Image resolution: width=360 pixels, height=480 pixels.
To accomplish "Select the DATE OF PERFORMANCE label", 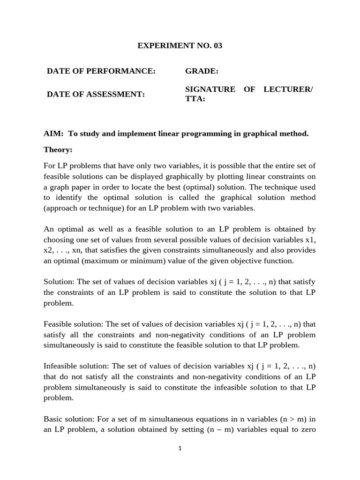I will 101,71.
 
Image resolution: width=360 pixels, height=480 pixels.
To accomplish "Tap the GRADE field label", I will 201,71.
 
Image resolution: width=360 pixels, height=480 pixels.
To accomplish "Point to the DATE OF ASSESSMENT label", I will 96,94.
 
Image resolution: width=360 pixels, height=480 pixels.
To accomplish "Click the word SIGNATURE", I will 210,89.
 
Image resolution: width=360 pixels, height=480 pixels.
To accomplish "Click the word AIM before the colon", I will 52,134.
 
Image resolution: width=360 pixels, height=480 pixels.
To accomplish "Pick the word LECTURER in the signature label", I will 290,89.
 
